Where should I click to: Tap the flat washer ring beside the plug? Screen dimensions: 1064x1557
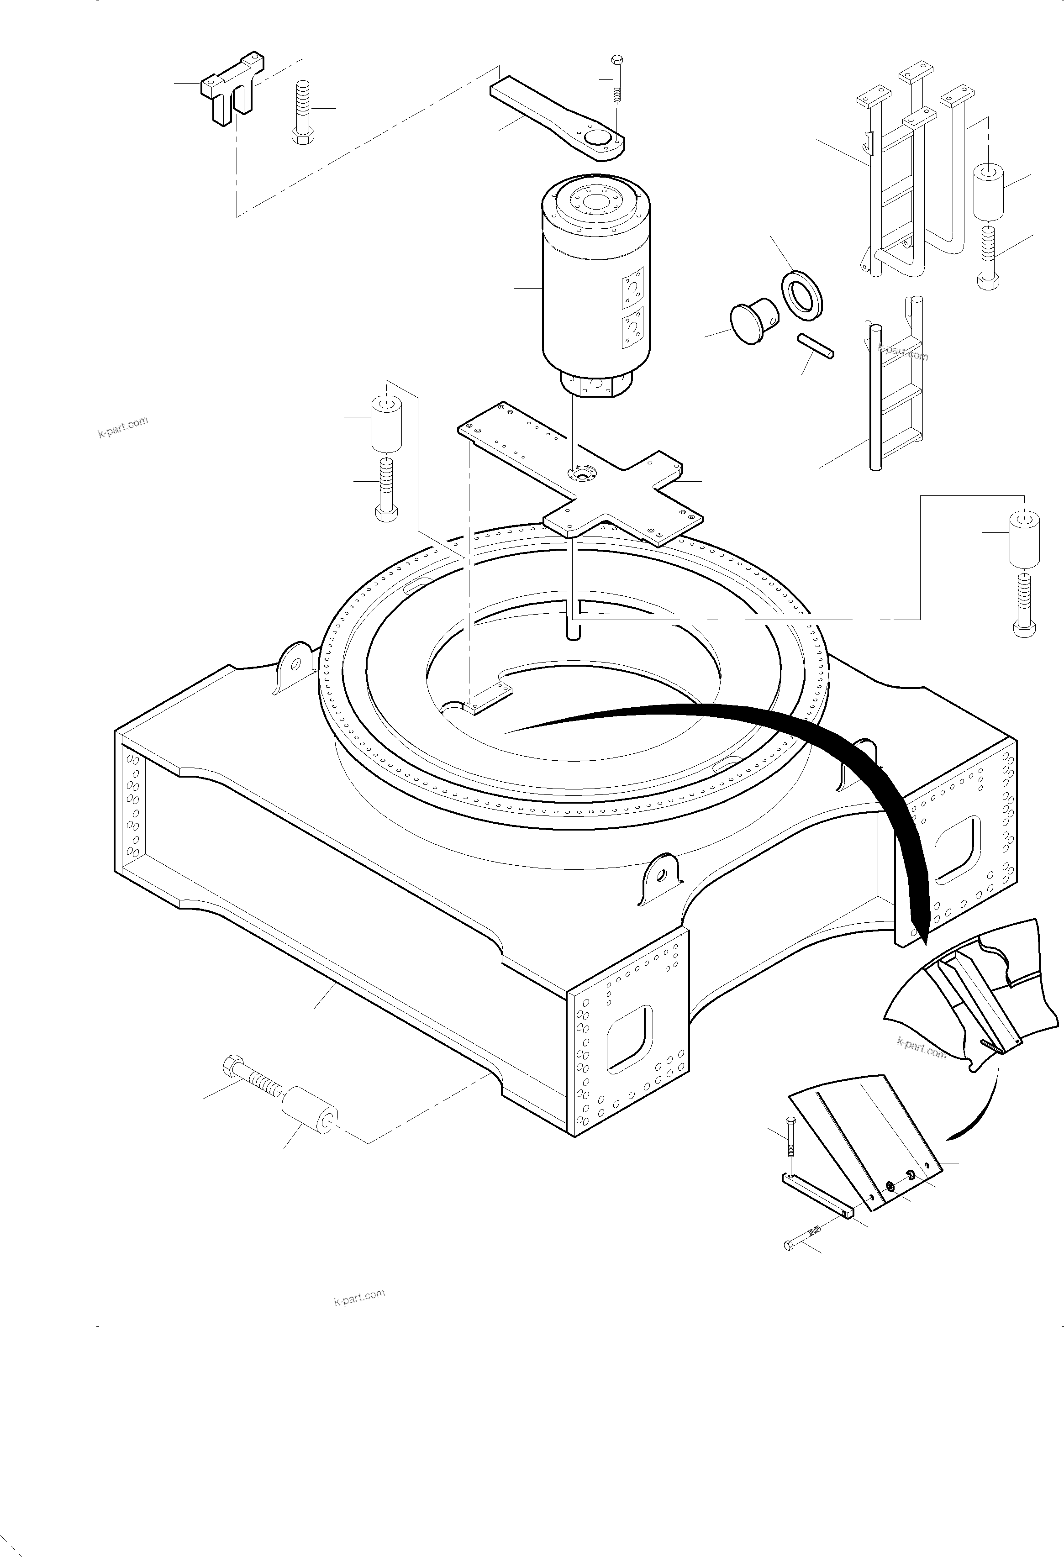(803, 293)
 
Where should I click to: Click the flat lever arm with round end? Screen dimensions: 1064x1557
(556, 117)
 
